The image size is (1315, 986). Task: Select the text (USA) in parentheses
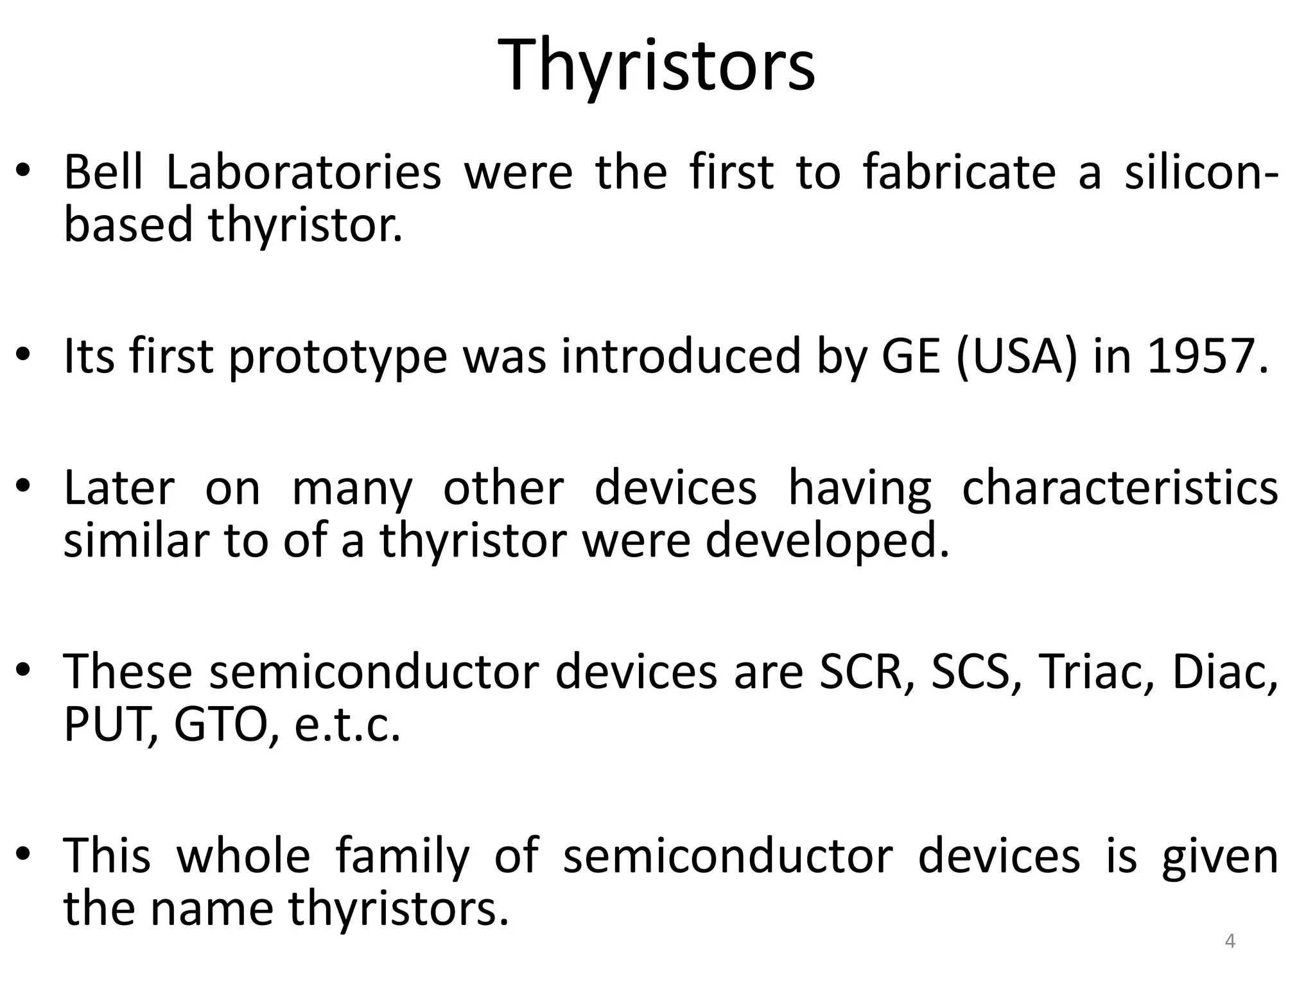click(x=1015, y=357)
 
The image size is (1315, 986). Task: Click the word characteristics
click(x=1120, y=488)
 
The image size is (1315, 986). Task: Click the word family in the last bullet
click(x=403, y=858)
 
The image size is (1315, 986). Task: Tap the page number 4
click(x=1230, y=941)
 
